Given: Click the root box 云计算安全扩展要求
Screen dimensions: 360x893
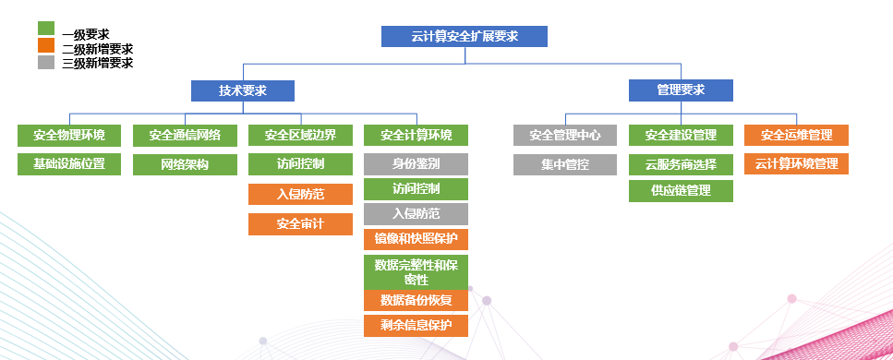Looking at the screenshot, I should [465, 36].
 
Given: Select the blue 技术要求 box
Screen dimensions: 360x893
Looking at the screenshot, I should [243, 90].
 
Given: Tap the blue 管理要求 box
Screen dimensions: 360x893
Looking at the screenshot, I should [681, 90].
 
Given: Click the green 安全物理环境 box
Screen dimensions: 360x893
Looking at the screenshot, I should [69, 136].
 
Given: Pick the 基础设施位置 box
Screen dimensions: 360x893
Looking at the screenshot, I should [69, 165].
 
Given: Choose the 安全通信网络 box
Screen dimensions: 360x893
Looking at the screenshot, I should [185, 136].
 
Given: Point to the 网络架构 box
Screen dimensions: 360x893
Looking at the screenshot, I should [185, 165].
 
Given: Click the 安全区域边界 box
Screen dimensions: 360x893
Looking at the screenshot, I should [300, 136].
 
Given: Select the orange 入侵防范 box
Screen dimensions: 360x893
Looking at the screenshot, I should [300, 195].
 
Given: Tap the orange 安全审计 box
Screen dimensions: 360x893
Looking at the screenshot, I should [300, 224].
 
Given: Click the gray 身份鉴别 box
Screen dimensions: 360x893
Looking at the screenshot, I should [416, 165].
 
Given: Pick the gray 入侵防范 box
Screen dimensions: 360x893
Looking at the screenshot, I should [416, 214].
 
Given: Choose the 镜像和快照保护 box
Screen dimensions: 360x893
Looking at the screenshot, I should [416, 239].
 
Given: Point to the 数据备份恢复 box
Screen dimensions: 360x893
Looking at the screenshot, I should [416, 300].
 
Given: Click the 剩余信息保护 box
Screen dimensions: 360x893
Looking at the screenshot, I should [416, 325].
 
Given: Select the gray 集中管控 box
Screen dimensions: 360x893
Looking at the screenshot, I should [565, 165].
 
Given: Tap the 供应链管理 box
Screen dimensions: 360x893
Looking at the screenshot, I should [681, 191].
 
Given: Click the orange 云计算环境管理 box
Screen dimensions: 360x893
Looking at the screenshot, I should [796, 165].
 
